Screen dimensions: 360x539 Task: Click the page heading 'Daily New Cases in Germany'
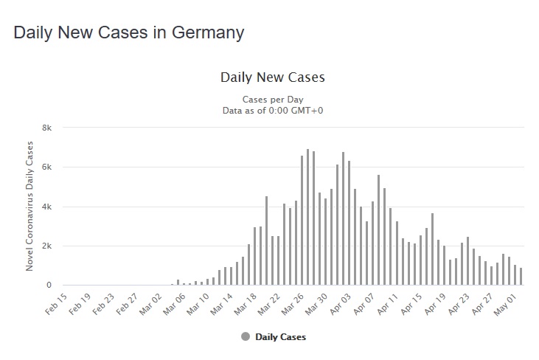click(x=129, y=32)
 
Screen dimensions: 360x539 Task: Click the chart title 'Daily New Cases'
click(x=273, y=77)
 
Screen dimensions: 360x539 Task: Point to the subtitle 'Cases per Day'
click(x=273, y=100)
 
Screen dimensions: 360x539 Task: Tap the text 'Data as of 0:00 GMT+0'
click(x=273, y=111)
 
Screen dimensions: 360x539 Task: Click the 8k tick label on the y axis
click(x=46, y=128)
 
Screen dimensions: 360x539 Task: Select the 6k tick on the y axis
click(x=46, y=167)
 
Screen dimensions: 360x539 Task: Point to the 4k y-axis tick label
click(x=46, y=207)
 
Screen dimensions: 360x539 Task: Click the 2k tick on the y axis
click(x=46, y=246)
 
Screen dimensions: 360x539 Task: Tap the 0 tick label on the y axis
click(x=49, y=285)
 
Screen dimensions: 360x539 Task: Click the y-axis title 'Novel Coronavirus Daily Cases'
click(x=30, y=207)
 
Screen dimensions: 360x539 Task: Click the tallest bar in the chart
click(x=307, y=218)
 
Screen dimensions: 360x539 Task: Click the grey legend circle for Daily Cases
click(x=246, y=337)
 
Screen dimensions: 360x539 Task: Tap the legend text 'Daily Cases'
click(x=280, y=337)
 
